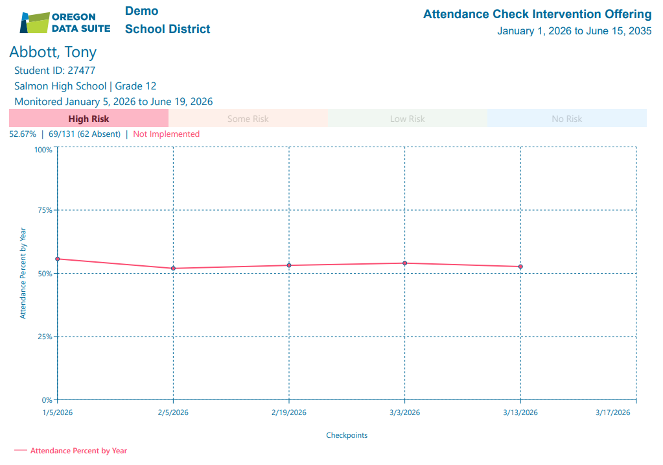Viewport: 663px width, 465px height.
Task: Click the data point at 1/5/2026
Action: click(58, 259)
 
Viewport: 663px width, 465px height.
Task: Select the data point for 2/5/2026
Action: click(173, 268)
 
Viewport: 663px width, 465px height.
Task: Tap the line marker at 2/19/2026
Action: click(289, 265)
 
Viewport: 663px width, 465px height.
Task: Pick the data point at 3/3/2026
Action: click(404, 263)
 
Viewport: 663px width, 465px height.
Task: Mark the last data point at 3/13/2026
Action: click(520, 267)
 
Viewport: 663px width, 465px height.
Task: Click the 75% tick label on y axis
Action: click(43, 210)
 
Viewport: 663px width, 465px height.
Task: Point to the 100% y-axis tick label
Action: click(43, 150)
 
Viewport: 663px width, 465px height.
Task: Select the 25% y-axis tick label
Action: click(43, 337)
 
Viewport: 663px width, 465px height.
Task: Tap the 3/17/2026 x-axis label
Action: click(612, 412)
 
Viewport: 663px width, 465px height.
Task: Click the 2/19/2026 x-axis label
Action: click(289, 412)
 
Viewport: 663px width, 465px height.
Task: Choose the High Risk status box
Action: click(89, 119)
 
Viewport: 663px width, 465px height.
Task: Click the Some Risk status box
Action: click(248, 119)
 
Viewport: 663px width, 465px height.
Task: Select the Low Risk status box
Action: click(407, 119)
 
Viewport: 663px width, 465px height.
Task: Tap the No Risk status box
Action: click(566, 119)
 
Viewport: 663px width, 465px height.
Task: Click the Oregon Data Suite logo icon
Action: click(34, 22)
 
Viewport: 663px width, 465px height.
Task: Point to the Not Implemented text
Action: click(166, 134)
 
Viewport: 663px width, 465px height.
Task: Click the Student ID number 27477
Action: click(81, 71)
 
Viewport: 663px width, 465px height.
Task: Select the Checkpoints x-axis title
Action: click(347, 435)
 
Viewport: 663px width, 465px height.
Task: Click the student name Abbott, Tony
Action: click(52, 52)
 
